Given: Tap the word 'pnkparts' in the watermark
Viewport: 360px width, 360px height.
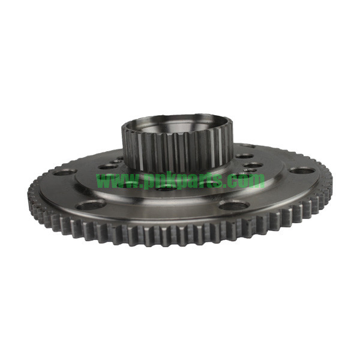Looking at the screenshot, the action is pyautogui.click(x=185, y=181).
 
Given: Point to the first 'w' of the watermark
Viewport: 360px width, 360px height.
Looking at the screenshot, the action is pyautogui.click(x=103, y=181).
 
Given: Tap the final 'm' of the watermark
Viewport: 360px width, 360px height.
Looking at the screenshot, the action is pyautogui.click(x=257, y=181).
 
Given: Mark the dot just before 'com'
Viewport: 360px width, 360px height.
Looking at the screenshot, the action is pyautogui.click(x=230, y=185).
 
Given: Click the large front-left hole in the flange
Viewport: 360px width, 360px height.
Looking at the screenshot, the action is pyautogui.click(x=91, y=205).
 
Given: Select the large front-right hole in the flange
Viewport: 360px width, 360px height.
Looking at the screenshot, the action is pyautogui.click(x=234, y=205).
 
